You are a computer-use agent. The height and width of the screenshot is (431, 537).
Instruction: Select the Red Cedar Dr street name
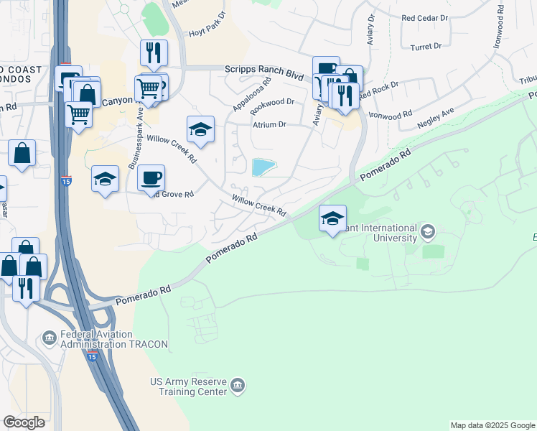425,19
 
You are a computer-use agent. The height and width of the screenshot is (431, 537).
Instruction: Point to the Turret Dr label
426,47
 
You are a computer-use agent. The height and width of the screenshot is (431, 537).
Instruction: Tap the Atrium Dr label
269,124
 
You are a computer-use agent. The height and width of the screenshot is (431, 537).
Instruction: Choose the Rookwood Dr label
274,102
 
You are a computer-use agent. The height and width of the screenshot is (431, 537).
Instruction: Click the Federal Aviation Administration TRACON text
115,339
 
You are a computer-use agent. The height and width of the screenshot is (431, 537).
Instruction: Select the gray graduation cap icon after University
428,231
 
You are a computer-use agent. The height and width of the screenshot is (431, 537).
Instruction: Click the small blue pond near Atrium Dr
263,167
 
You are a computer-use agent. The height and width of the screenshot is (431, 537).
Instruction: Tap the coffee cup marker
151,178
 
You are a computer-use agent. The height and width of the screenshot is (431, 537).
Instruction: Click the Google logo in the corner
24,422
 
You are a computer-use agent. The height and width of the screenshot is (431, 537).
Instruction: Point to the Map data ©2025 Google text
493,425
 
